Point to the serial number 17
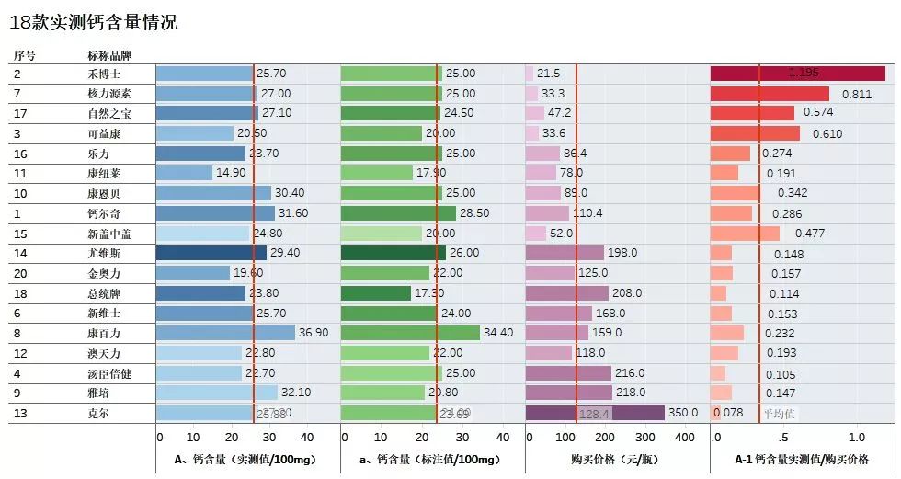point(19,113)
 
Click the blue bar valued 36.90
point(225,333)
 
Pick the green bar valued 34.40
point(410,333)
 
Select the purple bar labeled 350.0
point(595,413)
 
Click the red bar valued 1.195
point(797,74)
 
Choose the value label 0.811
point(856,94)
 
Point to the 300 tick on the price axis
point(644,438)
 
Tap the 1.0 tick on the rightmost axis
point(856,438)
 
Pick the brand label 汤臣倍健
point(109,373)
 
